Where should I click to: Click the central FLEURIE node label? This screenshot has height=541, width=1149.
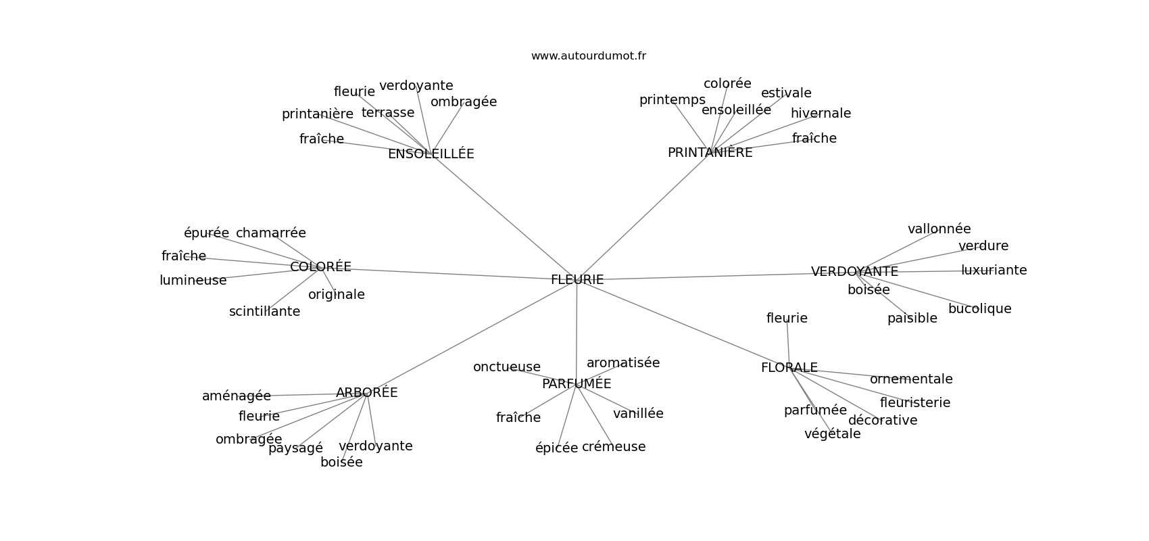(x=577, y=280)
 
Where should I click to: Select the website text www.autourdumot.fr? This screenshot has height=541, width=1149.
(x=588, y=56)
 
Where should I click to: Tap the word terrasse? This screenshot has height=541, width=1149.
(x=387, y=113)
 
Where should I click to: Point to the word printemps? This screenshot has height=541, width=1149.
(x=672, y=100)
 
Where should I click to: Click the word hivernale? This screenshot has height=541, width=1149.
(x=821, y=114)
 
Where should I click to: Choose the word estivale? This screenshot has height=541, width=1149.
(x=786, y=93)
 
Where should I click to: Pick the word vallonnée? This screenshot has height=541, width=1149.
(x=939, y=229)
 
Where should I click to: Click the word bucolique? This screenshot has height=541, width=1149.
(x=979, y=309)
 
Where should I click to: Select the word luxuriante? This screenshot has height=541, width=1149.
(x=994, y=270)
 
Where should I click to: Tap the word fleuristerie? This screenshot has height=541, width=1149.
(x=914, y=403)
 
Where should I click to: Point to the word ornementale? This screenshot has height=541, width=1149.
(x=910, y=379)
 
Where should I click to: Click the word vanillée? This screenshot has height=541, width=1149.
(x=638, y=414)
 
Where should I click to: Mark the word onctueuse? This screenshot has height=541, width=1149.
(x=506, y=367)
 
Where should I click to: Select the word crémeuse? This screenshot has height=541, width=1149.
(x=613, y=447)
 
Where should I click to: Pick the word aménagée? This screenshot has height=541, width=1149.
(x=236, y=396)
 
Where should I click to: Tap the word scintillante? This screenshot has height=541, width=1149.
(x=264, y=312)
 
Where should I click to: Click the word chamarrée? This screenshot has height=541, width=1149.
(x=270, y=233)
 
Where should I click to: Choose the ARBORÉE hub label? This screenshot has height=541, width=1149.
(x=366, y=393)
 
